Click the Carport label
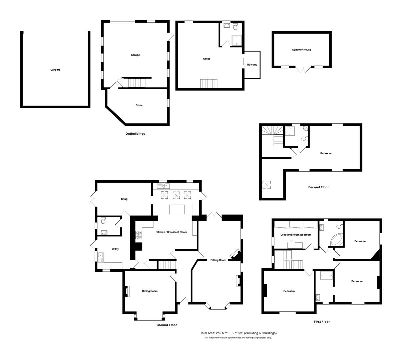[x=55, y=70]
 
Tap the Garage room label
[x=135, y=55]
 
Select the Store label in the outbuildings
[x=139, y=105]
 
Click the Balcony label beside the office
[x=252, y=65]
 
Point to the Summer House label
[x=302, y=50]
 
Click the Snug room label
[x=124, y=199]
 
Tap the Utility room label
[x=115, y=249]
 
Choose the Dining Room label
[x=150, y=291]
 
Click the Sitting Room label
[x=218, y=260]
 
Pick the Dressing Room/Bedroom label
[x=296, y=235]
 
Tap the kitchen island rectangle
[x=177, y=210]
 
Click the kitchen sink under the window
[x=164, y=186]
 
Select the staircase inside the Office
[x=209, y=83]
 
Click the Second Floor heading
[x=318, y=187]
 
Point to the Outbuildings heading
[x=135, y=134]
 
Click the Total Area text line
[x=238, y=333]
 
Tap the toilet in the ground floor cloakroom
[x=103, y=220]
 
